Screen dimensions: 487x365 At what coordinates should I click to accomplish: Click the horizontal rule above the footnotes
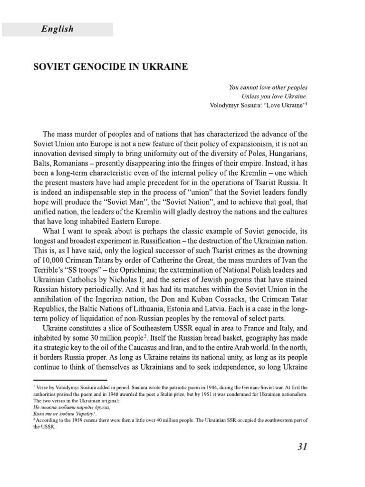pyautogui.click(x=77, y=381)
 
